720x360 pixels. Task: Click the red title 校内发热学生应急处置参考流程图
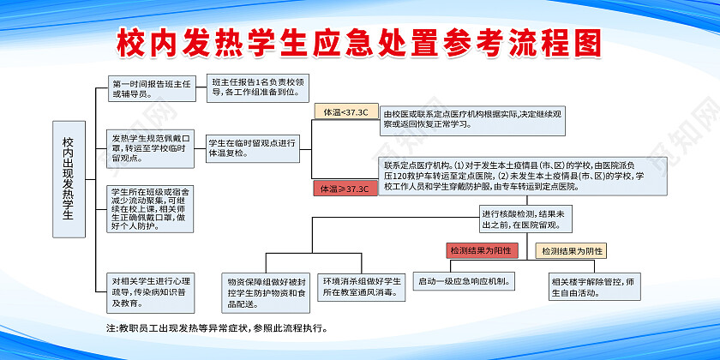point(359,42)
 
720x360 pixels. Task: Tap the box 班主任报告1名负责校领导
point(253,87)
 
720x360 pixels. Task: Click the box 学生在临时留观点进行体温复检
point(252,147)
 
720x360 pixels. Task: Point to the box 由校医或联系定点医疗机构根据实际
point(472,119)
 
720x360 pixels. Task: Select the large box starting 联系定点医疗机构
point(512,175)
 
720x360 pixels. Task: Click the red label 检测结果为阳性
point(480,250)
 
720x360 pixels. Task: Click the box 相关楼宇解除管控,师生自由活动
point(594,285)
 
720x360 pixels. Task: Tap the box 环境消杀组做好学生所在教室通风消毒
point(362,287)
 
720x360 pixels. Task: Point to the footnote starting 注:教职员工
point(216,327)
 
